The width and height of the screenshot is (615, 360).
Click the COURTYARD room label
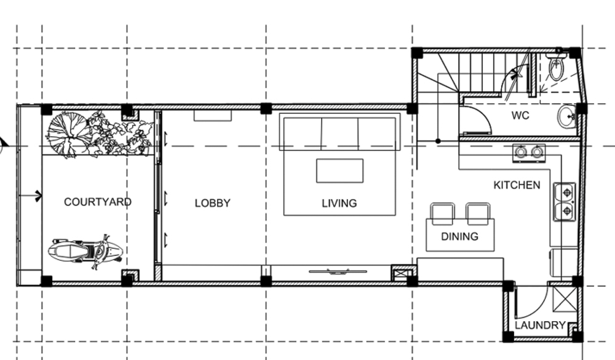tap(98, 202)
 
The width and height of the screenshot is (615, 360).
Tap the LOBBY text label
tap(213, 203)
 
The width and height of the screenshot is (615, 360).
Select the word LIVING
tap(339, 203)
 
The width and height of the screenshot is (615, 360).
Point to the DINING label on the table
tap(459, 236)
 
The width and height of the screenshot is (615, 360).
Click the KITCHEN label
tap(517, 185)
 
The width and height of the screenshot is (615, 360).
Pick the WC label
tap(520, 116)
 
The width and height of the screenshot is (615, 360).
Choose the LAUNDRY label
tap(540, 325)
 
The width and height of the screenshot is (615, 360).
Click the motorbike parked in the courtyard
tap(85, 252)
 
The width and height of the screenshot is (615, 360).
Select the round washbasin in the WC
tap(567, 116)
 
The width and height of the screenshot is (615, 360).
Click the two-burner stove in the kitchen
tap(529, 153)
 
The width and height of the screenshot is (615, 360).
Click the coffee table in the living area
tap(339, 171)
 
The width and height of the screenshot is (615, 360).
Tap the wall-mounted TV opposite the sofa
tap(338, 271)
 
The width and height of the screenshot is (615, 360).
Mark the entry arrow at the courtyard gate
tap(30, 196)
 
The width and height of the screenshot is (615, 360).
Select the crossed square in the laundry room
tap(565, 300)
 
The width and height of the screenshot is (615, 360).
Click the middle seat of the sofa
tap(339, 133)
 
